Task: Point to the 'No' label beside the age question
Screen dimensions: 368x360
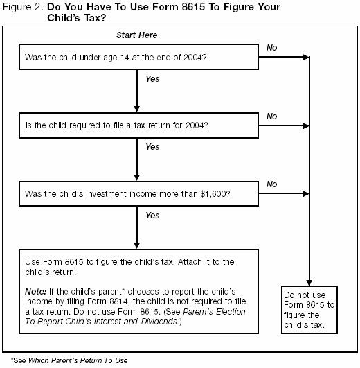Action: coord(272,47)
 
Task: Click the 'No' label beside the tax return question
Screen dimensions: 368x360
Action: coord(272,116)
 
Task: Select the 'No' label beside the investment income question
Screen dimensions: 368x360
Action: coord(272,184)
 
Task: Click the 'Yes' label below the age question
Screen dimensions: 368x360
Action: coord(152,79)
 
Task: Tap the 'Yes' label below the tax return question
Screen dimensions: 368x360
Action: coord(152,147)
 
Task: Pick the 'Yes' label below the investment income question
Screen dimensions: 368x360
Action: coord(152,216)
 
